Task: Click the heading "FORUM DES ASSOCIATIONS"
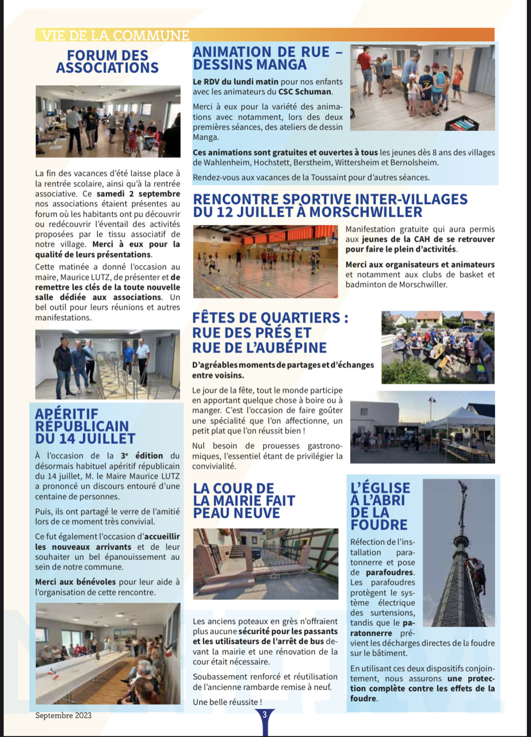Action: [108, 62]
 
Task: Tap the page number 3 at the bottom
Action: [265, 715]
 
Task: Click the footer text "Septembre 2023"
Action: [63, 715]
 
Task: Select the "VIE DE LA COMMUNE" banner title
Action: [115, 35]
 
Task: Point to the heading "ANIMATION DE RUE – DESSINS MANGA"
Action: [268, 58]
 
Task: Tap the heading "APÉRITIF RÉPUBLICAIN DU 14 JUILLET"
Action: [85, 426]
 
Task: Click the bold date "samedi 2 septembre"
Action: [138, 194]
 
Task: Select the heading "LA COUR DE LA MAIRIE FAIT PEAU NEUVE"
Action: [244, 501]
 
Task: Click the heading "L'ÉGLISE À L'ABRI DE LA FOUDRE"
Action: [380, 506]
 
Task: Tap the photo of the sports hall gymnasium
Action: [265, 262]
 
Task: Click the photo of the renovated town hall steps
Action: [265, 564]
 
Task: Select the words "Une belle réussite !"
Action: [227, 702]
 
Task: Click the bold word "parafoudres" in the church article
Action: [389, 572]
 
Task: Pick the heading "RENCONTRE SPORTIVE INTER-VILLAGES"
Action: [330, 199]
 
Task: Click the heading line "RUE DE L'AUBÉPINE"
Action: [259, 348]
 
